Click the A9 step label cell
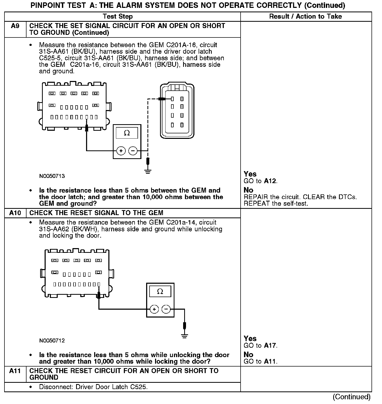(x=15, y=26)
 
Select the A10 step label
(x=15, y=213)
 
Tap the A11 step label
(x=15, y=371)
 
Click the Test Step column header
(x=118, y=17)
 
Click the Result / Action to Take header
(x=306, y=17)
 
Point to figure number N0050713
(x=52, y=176)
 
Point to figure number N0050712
(x=52, y=341)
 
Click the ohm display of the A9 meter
(x=127, y=133)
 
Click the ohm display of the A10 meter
(x=160, y=291)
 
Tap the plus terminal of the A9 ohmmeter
(x=121, y=151)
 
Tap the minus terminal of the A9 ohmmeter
(x=133, y=151)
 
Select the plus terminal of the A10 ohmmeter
(x=154, y=309)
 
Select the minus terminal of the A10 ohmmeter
(x=166, y=309)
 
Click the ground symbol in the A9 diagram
(x=148, y=172)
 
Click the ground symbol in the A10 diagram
(x=184, y=336)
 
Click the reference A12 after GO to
(x=270, y=181)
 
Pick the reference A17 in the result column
(x=270, y=346)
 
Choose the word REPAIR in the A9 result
(x=253, y=197)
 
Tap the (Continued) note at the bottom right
(x=352, y=397)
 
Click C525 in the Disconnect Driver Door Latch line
(x=138, y=387)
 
